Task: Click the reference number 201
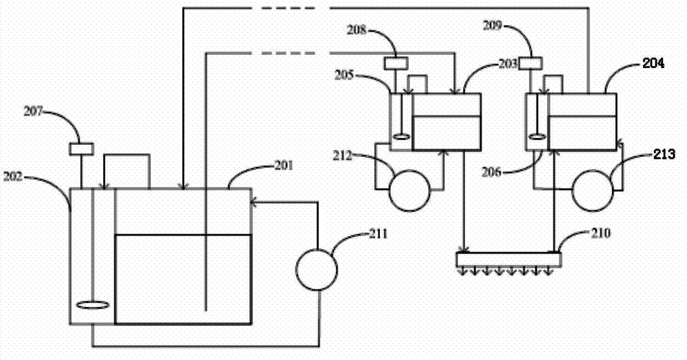[284, 166]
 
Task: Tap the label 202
[12, 177]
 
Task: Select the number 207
[33, 112]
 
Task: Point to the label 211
[379, 234]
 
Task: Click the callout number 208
[356, 30]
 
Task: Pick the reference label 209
[492, 26]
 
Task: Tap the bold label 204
[653, 63]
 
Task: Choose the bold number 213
[664, 154]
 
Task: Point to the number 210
[601, 233]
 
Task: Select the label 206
[491, 172]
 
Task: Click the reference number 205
[344, 75]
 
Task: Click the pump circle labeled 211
[316, 269]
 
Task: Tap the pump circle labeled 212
[409, 190]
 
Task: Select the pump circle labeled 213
[592, 191]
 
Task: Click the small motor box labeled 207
[82, 149]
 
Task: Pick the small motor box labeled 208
[396, 63]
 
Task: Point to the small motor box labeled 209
[530, 63]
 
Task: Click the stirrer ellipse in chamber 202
[92, 305]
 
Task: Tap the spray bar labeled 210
[508, 259]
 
